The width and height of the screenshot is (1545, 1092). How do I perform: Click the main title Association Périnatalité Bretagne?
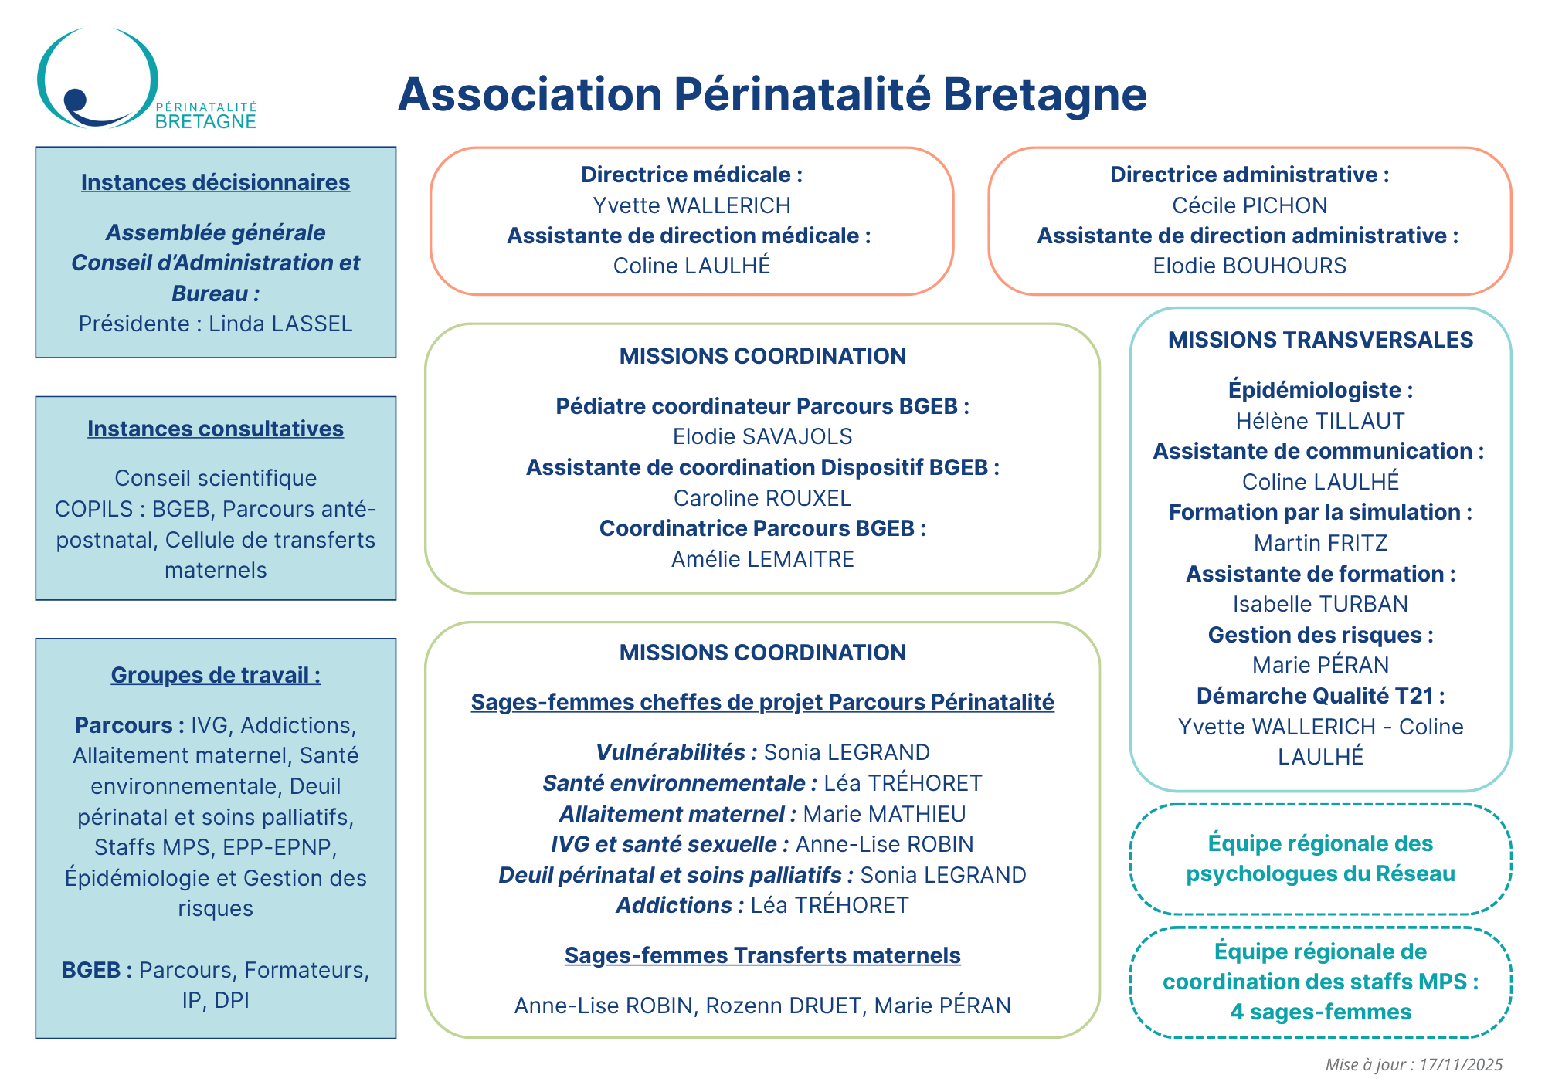772,94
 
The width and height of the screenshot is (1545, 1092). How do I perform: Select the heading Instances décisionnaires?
216,182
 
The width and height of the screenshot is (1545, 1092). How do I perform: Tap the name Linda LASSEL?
280,324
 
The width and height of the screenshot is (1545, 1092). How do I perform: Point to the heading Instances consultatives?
216,429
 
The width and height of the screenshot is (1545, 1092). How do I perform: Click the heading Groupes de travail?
216,675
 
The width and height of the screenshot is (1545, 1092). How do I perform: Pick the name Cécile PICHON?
1249,205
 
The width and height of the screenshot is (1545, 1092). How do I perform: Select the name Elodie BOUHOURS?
1249,266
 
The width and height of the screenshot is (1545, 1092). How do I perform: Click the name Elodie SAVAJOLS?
762,436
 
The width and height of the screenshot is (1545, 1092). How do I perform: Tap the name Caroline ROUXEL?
762,498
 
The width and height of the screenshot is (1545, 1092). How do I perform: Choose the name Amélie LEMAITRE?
762,559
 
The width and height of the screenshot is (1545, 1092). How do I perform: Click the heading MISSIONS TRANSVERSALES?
1320,340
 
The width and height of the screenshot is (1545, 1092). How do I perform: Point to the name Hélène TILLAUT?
1320,421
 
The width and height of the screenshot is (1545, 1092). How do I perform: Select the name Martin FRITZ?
1320,543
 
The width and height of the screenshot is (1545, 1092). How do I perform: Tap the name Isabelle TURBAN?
1320,604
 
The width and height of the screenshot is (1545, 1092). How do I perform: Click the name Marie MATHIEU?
884,814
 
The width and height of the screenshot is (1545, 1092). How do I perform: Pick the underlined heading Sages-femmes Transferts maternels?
762,955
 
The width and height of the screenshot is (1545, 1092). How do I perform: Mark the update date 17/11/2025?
1461,1065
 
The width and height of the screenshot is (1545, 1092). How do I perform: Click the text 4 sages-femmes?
1320,1012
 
